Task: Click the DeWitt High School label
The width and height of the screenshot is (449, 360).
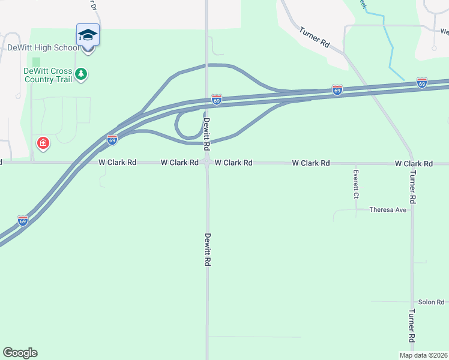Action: pyautogui.click(x=42, y=47)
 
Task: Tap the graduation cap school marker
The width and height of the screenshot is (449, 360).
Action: pyautogui.click(x=88, y=35)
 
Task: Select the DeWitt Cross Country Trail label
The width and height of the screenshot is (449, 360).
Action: pyautogui.click(x=48, y=75)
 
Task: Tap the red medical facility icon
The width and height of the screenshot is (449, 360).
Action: pyautogui.click(x=43, y=143)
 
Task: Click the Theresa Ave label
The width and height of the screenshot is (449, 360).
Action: pyautogui.click(x=388, y=210)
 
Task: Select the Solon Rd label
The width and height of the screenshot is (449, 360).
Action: pyautogui.click(x=431, y=302)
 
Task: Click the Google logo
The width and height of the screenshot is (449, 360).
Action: pyautogui.click(x=20, y=353)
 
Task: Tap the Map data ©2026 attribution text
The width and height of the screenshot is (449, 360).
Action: pyautogui.click(x=424, y=355)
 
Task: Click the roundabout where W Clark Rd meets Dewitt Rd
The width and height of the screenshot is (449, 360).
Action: pyautogui.click(x=207, y=162)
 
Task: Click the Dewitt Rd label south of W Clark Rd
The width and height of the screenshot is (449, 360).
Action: pyautogui.click(x=208, y=250)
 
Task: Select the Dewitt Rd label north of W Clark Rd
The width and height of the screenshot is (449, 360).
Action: pyautogui.click(x=206, y=134)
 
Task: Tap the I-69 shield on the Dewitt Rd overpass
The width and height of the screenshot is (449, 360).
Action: pyautogui.click(x=217, y=98)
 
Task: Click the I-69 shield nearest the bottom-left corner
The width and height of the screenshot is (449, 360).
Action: pyautogui.click(x=23, y=220)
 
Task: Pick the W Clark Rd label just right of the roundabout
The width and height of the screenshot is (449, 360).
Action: pyautogui.click(x=234, y=163)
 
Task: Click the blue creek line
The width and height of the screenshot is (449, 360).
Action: pyautogui.click(x=391, y=54)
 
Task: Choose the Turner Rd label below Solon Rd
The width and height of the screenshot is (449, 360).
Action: pyautogui.click(x=412, y=326)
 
